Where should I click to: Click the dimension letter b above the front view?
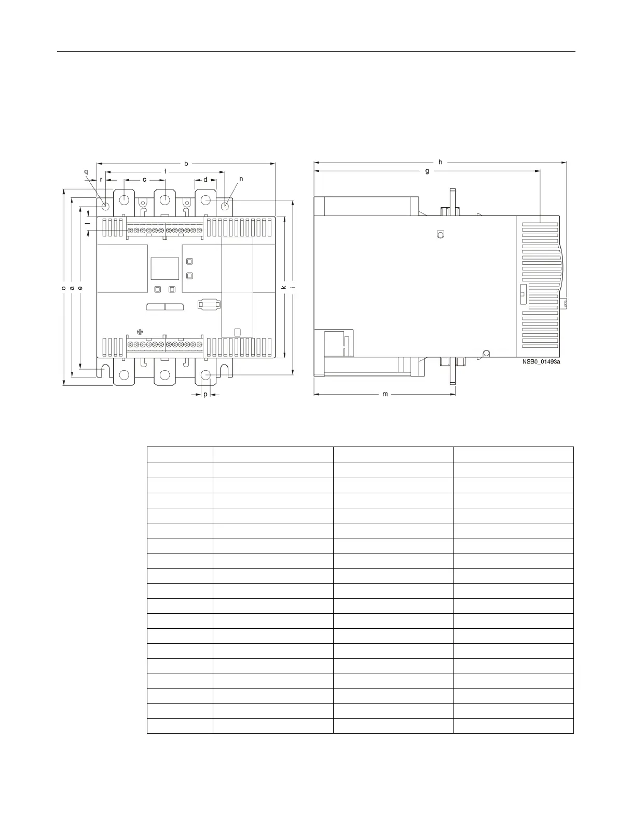[x=186, y=164]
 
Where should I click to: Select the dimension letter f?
[x=166, y=171]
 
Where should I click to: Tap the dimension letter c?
[x=144, y=180]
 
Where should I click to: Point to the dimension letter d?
[x=205, y=180]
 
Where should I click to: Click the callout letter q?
[x=86, y=172]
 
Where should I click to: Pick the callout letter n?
[x=241, y=179]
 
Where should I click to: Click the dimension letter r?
[x=101, y=180]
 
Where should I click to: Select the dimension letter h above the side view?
[x=440, y=162]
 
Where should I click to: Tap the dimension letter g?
[x=427, y=171]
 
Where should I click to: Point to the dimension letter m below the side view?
[x=385, y=395]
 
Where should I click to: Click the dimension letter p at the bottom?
[x=205, y=395]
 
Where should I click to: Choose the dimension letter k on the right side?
[x=284, y=287]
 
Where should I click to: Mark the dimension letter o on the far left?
[x=63, y=288]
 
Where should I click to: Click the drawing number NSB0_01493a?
[x=542, y=362]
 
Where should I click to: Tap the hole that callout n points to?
[x=225, y=206]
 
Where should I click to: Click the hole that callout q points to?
[x=106, y=206]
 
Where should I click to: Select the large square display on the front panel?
[x=164, y=268]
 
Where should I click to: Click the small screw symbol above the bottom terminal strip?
[x=140, y=332]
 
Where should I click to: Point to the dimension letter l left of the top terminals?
[x=88, y=223]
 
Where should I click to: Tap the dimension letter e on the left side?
[x=80, y=288]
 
